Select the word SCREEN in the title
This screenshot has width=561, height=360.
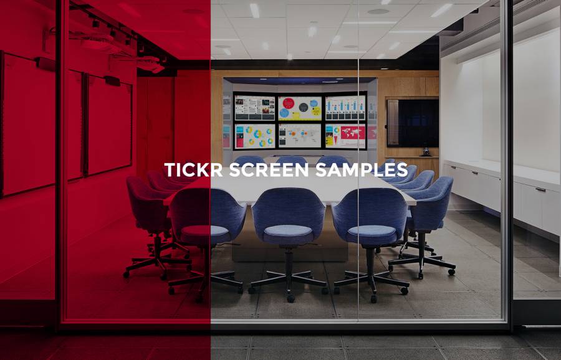268,170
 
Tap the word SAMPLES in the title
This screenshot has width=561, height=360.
362,170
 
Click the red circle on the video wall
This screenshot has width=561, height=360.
289,103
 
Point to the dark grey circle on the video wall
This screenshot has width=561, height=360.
304,107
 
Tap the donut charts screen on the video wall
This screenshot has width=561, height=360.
255,136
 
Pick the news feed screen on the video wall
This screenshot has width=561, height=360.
255,108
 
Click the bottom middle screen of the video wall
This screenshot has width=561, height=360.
300,136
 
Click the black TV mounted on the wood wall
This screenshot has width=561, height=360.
413,123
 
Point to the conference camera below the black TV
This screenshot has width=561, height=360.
426,153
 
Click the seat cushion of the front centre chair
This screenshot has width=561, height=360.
288,230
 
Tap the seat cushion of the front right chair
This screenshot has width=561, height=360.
373,230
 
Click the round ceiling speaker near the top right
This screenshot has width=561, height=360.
378,11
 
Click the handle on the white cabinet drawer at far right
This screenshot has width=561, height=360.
540,189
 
